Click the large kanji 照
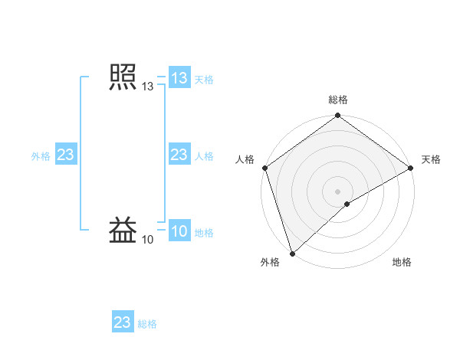coord(123,78)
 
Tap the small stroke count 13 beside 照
coord(147,87)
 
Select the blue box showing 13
coord(179,78)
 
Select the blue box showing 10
coord(179,231)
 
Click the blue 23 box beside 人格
coord(179,155)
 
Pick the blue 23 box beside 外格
coord(65,155)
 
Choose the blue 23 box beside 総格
coord(123,322)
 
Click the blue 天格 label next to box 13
coord(204,79)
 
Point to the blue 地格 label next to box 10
coord(204,232)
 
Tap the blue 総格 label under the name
coord(148,323)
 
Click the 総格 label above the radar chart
coord(338,100)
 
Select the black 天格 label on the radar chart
coord(431,159)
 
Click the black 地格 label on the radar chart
coord(402,262)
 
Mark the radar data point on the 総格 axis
coord(338,116)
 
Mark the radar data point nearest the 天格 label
coord(411,168)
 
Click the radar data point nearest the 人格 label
coord(264,168)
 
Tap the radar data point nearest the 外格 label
coord(292,254)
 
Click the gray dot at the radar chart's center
coord(338,191)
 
